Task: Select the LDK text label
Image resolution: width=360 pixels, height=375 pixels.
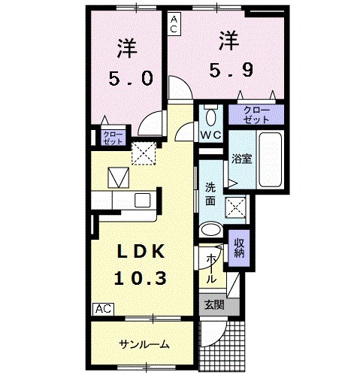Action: tap(140, 250)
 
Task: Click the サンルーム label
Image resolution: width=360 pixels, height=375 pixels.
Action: tap(143, 344)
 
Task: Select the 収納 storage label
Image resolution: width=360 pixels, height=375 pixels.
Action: tap(238, 248)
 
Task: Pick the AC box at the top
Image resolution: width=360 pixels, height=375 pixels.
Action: tap(174, 23)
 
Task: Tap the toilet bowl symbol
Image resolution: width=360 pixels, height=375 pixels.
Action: tap(210, 116)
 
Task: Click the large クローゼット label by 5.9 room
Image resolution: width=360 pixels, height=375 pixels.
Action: tap(259, 114)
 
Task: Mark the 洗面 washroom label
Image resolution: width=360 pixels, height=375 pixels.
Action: tap(211, 195)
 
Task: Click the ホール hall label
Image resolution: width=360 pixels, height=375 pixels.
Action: tap(212, 268)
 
